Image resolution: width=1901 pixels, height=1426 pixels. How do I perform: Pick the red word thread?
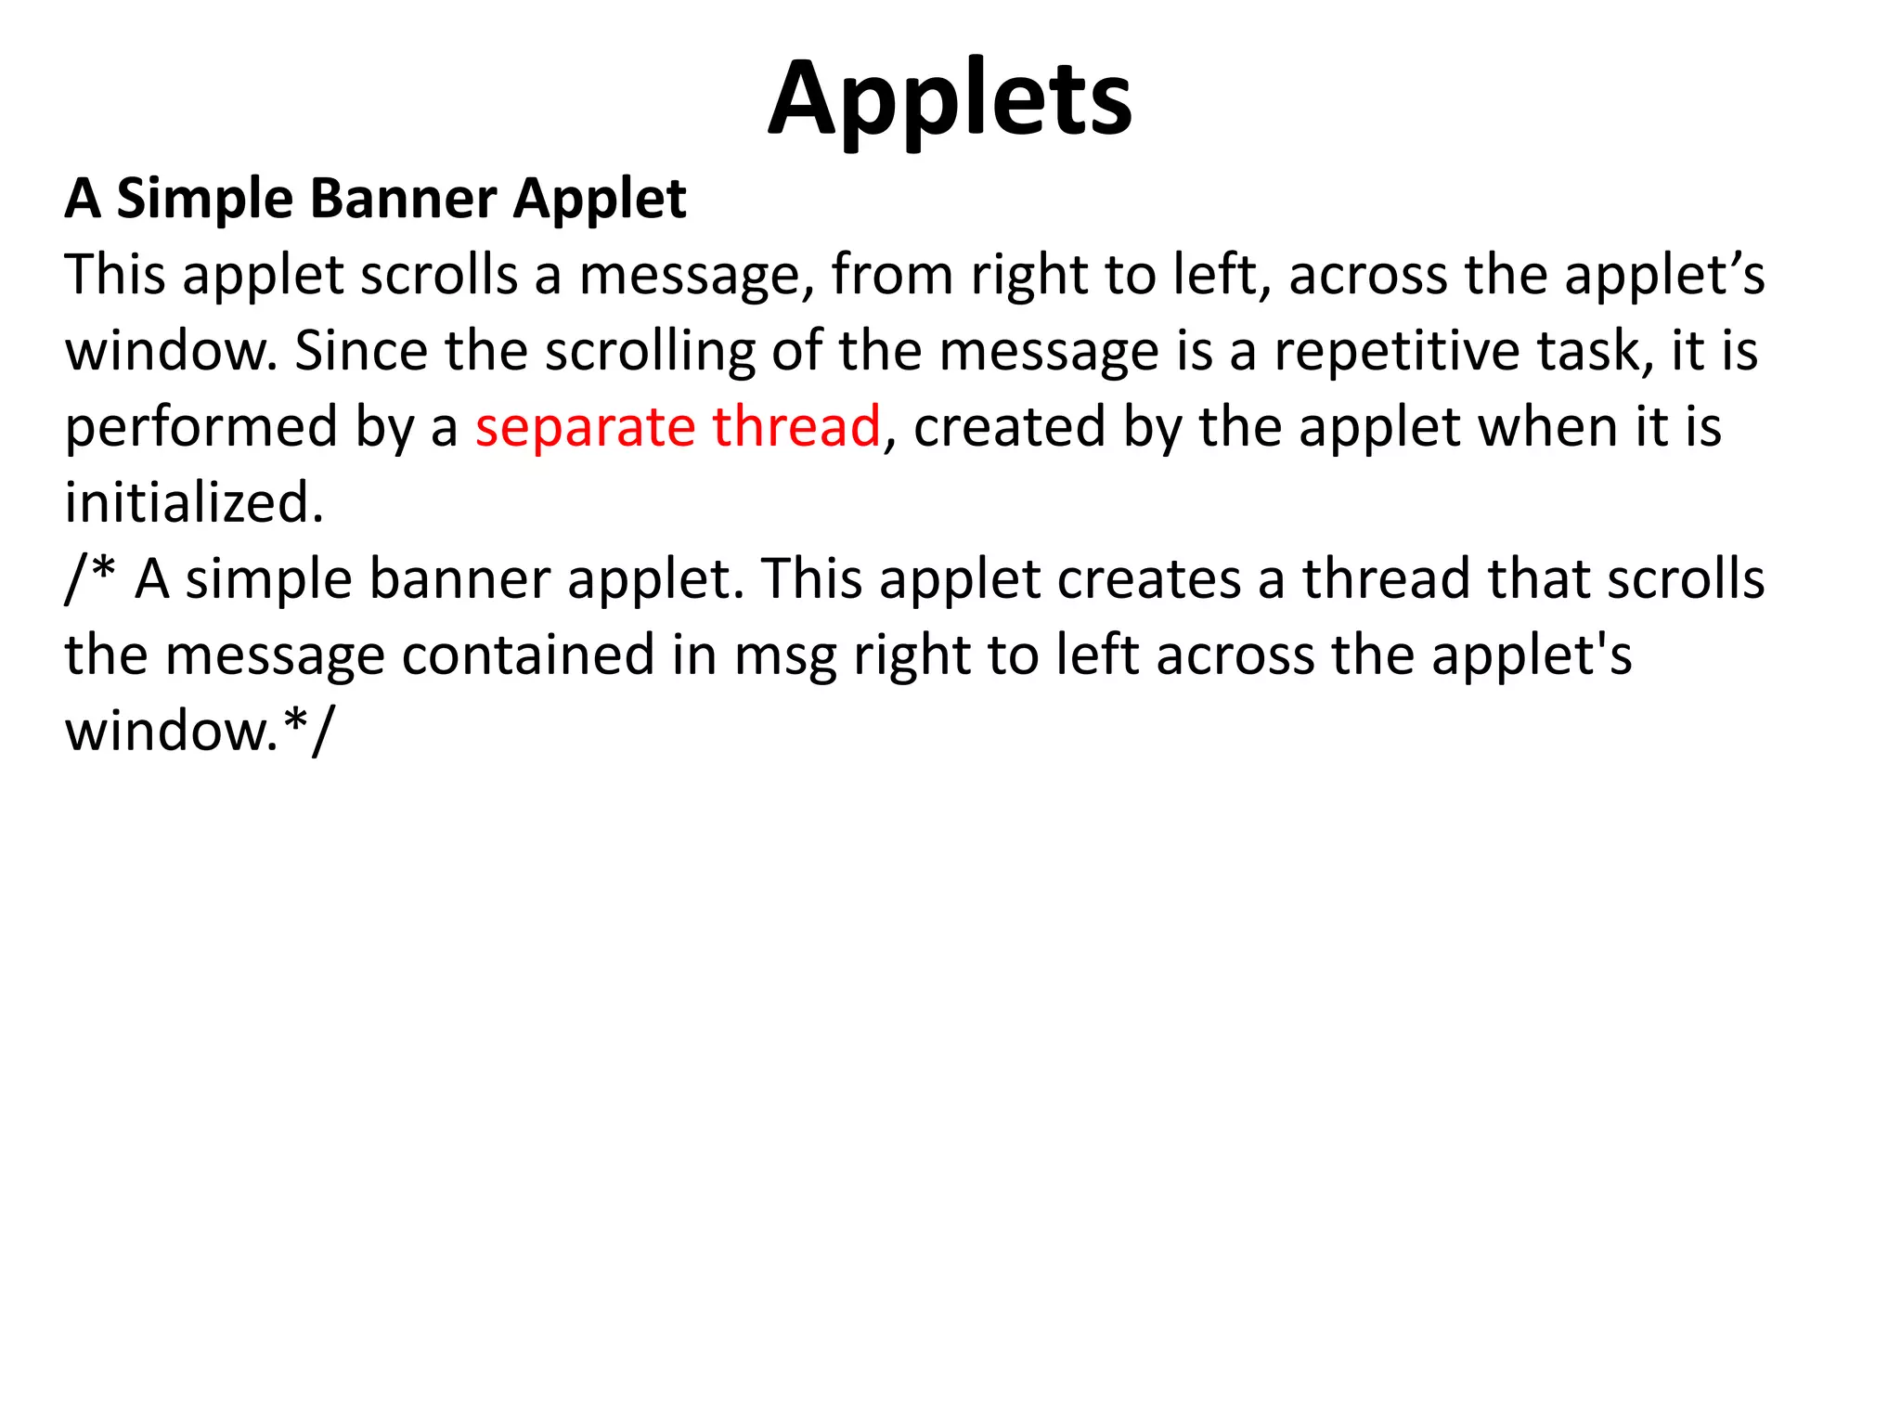coord(796,427)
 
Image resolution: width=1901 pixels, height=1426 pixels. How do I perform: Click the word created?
coord(1009,427)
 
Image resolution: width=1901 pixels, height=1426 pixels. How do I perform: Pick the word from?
coord(892,275)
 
